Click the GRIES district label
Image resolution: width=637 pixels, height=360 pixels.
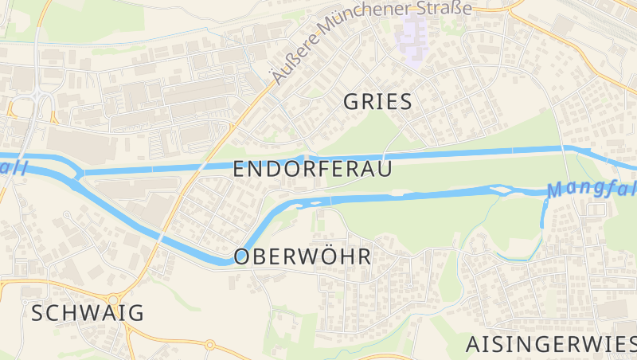377,101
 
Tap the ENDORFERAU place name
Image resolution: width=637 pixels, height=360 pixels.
313,169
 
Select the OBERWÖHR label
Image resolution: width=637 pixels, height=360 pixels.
303,256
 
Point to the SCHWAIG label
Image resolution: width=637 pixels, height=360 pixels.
88,313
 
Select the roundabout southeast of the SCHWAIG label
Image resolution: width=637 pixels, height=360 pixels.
210,345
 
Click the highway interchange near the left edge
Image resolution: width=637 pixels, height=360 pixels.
32,104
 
